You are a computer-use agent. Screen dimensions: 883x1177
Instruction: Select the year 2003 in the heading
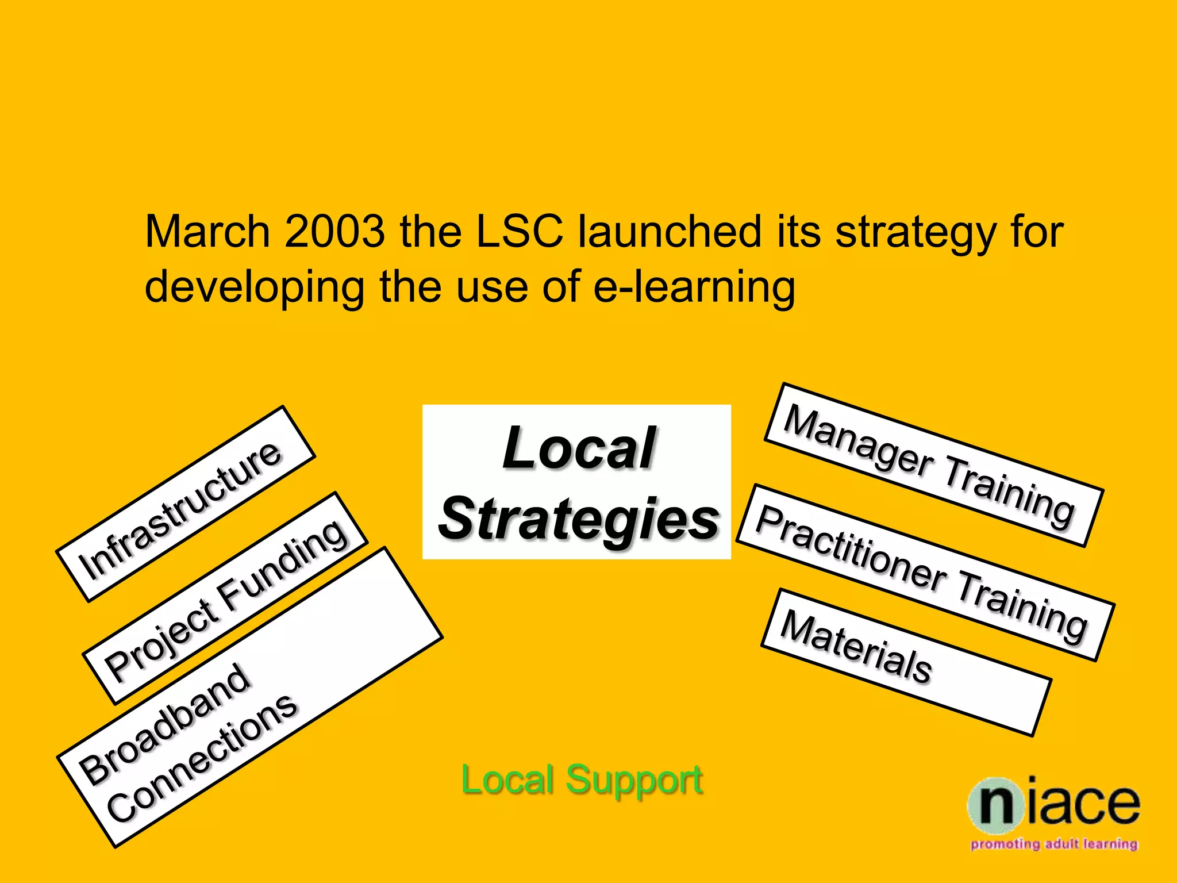(334, 232)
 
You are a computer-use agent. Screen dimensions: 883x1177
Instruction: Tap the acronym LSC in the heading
(520, 232)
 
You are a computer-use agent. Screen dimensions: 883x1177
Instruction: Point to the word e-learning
(694, 287)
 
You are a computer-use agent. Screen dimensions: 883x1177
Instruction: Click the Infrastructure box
(185, 504)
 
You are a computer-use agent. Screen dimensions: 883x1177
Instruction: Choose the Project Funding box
(225, 598)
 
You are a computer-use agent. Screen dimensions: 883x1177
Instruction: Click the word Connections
(202, 759)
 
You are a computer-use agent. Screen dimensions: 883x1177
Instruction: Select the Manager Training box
(933, 465)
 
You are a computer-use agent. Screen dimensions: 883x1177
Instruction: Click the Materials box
(906, 662)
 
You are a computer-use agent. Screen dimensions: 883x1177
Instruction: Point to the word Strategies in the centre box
(578, 519)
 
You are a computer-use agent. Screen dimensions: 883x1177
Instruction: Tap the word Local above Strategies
(578, 448)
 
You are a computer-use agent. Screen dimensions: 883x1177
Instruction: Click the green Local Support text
(582, 780)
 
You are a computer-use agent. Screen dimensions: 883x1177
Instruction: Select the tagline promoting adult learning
(1054, 844)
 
